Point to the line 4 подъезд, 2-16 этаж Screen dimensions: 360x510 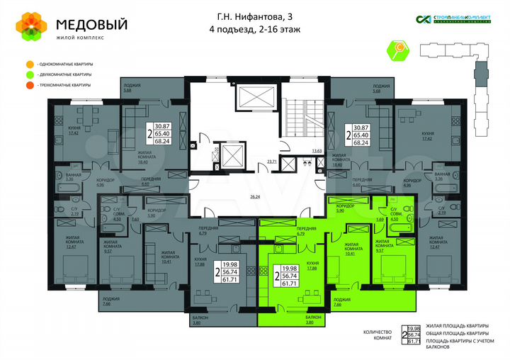tap(254, 29)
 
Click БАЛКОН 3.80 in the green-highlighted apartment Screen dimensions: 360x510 tap(315, 319)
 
